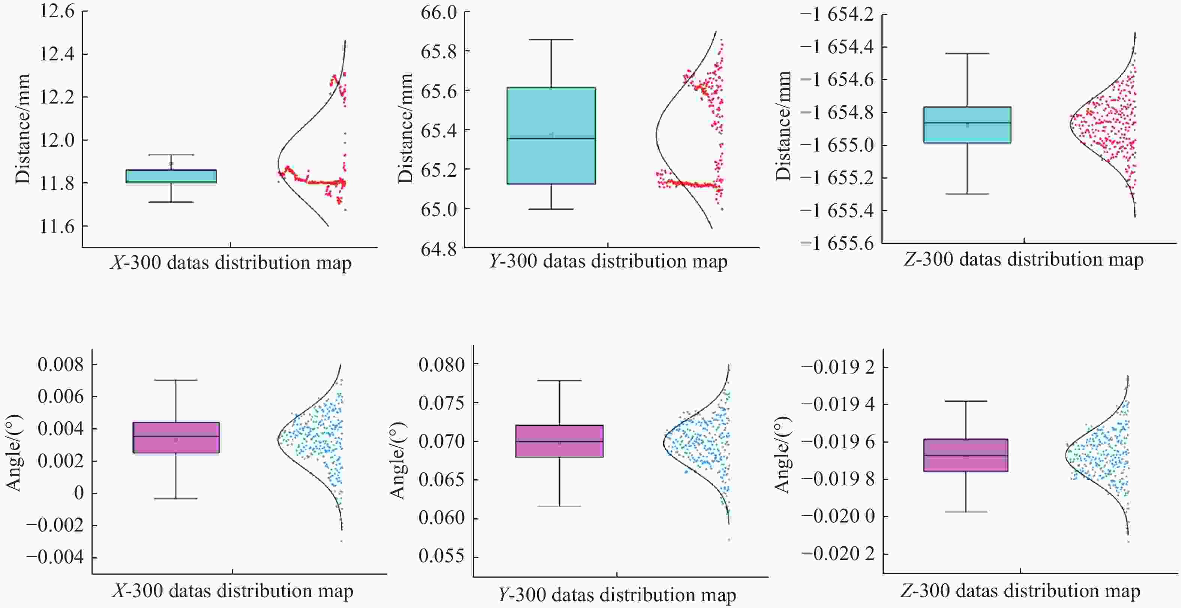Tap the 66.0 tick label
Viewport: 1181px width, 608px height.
pos(439,12)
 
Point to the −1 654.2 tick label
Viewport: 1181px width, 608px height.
pos(837,15)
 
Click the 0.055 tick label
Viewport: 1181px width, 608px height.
pos(442,556)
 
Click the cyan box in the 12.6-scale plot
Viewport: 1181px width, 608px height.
pos(171,176)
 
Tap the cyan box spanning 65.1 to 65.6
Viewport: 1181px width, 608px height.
pos(551,136)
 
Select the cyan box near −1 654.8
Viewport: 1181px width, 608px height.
pos(967,125)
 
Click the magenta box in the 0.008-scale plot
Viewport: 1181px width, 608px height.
pos(176,437)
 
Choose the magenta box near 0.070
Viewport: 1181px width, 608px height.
pos(559,441)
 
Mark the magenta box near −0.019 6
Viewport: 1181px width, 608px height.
pos(965,455)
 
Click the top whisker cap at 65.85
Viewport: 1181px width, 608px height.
pos(551,40)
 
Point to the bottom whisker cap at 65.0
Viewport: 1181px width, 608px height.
pos(551,209)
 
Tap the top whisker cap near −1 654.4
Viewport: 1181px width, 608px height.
pos(967,54)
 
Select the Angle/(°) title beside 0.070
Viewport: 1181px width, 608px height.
pos(397,460)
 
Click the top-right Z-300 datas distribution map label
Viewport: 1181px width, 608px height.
pos(1023,260)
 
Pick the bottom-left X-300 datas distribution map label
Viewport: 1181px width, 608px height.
pos(232,591)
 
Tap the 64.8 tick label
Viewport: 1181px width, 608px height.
pos(439,249)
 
